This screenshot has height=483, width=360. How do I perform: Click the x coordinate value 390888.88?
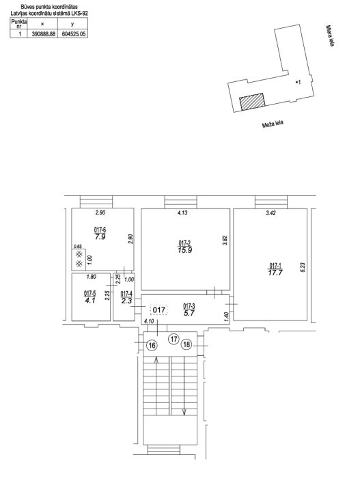click(x=44, y=34)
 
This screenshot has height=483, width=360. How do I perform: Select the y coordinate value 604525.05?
click(x=73, y=34)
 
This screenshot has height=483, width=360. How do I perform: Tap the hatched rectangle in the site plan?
click(x=252, y=101)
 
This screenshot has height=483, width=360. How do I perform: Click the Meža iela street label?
click(x=273, y=124)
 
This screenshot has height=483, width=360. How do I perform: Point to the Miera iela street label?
click(x=330, y=36)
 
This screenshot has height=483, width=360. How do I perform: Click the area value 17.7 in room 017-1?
click(x=275, y=273)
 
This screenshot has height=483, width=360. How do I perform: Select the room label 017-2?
click(x=184, y=243)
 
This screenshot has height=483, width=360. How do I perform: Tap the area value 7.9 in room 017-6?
click(x=100, y=237)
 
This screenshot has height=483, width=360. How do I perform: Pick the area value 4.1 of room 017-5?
click(x=90, y=301)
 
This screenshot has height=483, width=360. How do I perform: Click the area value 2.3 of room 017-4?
click(x=126, y=301)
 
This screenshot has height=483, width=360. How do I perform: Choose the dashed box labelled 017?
click(x=159, y=309)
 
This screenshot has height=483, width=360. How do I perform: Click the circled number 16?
click(x=152, y=345)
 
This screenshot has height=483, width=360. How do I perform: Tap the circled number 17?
click(x=174, y=339)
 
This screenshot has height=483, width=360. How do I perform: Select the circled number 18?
click(x=186, y=344)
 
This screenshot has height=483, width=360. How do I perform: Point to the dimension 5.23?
click(x=303, y=267)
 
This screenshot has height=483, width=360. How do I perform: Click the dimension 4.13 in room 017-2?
click(x=182, y=212)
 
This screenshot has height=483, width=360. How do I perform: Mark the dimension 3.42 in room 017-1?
click(x=271, y=212)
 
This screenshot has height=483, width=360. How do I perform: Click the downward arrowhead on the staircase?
click(x=184, y=411)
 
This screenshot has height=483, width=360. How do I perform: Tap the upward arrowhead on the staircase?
click(x=156, y=360)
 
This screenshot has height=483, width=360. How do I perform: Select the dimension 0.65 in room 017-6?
click(x=79, y=246)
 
